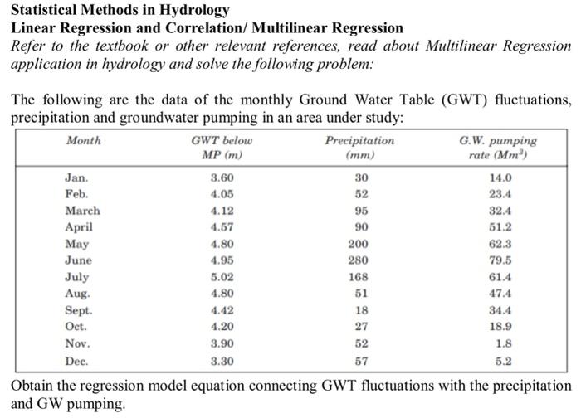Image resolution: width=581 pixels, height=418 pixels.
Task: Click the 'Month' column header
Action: click(x=83, y=141)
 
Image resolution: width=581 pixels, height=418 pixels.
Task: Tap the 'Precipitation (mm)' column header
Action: click(x=360, y=148)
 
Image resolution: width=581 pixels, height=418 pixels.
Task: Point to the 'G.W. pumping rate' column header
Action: click(x=498, y=148)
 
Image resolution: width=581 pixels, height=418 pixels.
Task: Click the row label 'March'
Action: click(x=82, y=211)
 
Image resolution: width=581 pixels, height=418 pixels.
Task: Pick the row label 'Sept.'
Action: click(x=79, y=310)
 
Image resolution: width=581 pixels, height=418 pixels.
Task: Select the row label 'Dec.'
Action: click(x=77, y=362)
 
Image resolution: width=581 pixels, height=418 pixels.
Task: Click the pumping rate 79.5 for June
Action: click(x=500, y=260)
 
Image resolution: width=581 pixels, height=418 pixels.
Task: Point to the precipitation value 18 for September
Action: click(x=361, y=310)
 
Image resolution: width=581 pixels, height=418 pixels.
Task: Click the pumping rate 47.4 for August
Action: click(x=500, y=294)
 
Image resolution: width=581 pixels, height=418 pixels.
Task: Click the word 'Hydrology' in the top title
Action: click(x=195, y=11)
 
